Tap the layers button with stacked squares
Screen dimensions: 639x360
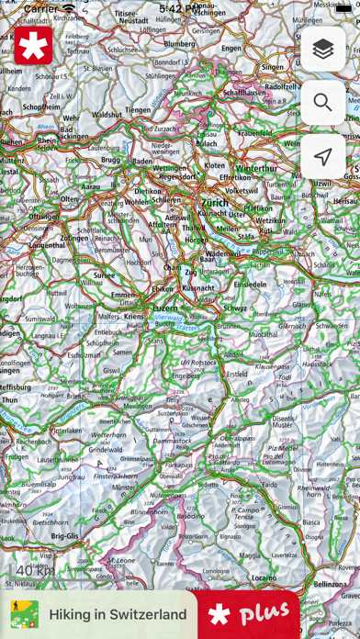pos(322,50)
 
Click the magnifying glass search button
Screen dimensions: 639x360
pos(322,103)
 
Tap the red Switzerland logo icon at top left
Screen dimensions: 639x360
pos(33,46)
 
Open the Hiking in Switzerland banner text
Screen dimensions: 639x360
pos(118,614)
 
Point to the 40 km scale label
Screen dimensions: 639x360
pos(35,571)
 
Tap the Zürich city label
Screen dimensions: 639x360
pos(214,202)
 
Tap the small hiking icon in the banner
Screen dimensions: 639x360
pos(24,614)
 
